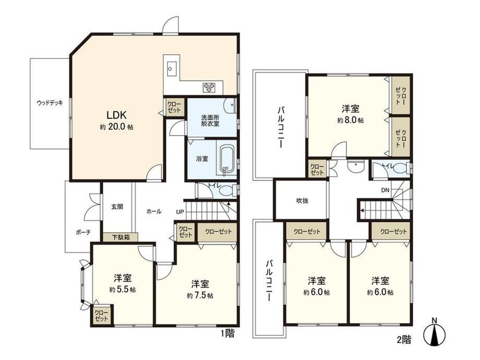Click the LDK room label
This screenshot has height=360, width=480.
click(x=117, y=115)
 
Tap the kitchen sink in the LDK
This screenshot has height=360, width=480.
click(x=172, y=68)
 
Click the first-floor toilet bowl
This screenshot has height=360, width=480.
click(x=227, y=191)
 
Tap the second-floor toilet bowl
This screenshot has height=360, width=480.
click(x=400, y=169)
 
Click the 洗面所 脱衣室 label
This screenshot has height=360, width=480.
click(x=210, y=121)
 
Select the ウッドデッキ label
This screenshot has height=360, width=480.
click(x=50, y=103)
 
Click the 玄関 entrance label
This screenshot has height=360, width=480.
click(x=117, y=207)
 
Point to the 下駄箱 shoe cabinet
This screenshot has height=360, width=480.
click(x=121, y=237)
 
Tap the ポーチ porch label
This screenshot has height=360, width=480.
click(x=83, y=232)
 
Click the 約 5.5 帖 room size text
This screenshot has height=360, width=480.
click(x=123, y=289)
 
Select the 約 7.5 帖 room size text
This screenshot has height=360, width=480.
click(x=200, y=295)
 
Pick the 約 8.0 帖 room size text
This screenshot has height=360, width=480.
click(x=351, y=120)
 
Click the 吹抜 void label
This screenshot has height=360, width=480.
click(x=302, y=201)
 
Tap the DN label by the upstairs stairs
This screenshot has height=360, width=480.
click(x=385, y=190)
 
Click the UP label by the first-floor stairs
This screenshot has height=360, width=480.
click(x=180, y=211)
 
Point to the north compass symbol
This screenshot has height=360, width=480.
click(x=434, y=333)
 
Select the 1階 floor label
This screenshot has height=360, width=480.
click(x=228, y=333)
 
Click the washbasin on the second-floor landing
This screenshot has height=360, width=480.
click(x=355, y=166)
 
